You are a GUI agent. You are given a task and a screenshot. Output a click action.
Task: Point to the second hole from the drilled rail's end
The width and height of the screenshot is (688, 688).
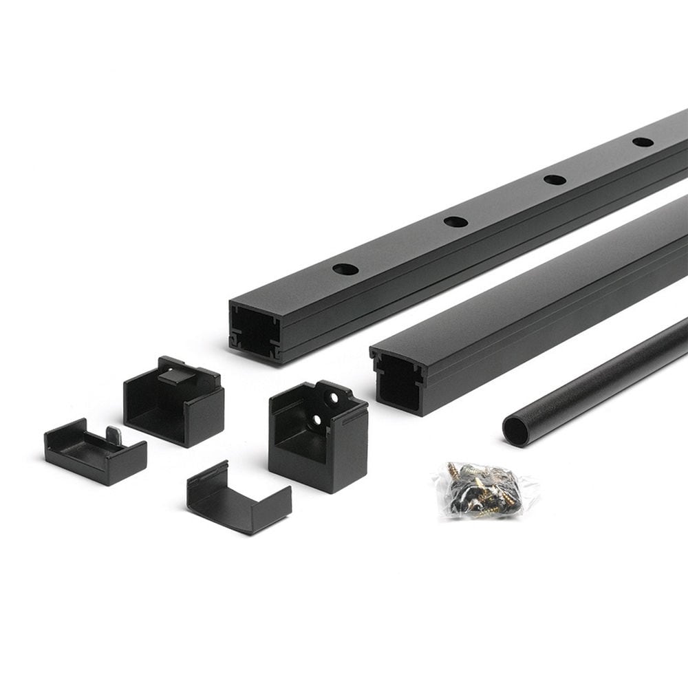pyautogui.click(x=455, y=222)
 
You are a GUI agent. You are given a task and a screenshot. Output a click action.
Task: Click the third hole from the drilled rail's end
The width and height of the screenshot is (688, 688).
pyautogui.click(x=555, y=180)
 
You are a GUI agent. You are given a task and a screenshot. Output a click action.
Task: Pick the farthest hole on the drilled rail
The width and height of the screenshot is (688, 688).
pyautogui.click(x=643, y=142)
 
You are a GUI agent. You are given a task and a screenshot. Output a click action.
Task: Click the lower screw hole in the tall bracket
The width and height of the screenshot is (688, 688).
pyautogui.click(x=317, y=418)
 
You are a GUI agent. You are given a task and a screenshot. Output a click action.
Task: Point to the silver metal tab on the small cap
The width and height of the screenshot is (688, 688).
pyautogui.click(x=114, y=435)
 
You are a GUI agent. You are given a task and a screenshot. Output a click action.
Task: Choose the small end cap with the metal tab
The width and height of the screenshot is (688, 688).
pyautogui.click(x=95, y=452)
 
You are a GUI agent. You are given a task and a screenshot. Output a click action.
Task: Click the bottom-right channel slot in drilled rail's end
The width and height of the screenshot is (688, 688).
pyautogui.click(x=275, y=351)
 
